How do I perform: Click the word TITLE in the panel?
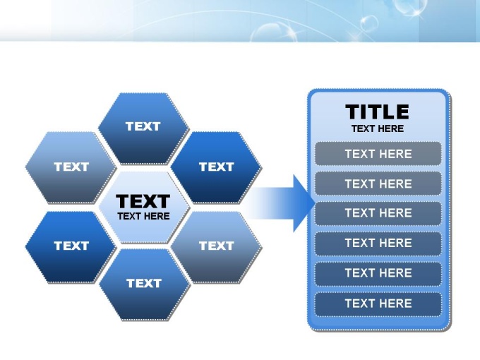coord(377,112)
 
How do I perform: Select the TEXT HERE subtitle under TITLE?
coord(378,128)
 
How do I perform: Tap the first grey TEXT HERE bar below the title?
coord(378,154)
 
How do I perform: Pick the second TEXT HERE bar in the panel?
coord(378,184)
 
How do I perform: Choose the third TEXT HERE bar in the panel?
coord(378,213)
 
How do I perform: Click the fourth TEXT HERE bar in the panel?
coord(378,243)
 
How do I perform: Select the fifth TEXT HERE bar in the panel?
coord(378,273)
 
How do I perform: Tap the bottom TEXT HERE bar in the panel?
coord(378,304)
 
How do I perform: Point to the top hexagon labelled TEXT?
coord(143,128)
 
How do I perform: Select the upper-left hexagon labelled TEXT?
coord(71,167)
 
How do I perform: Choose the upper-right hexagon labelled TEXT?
coord(216,167)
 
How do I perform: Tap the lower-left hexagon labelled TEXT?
coord(71,247)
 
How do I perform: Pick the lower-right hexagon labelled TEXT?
coord(216,247)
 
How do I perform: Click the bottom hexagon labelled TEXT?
coord(145,284)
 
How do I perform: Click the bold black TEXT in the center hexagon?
coord(143,201)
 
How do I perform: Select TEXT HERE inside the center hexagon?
coord(143,216)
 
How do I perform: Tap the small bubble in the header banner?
coord(369,23)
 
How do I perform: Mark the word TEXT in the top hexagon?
coord(143,126)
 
